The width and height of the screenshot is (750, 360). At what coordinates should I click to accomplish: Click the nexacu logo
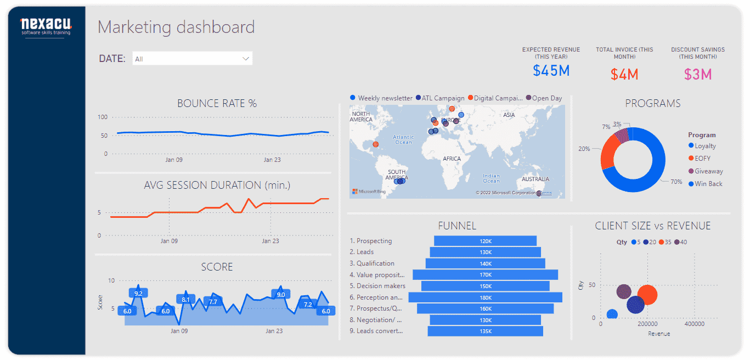[46, 26]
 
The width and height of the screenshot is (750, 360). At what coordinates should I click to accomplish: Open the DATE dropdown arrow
[246, 59]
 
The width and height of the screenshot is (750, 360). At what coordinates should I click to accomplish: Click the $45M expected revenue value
[551, 70]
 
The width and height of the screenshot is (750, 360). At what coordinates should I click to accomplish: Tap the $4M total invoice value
[624, 74]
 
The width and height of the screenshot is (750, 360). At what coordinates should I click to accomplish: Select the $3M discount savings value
[698, 74]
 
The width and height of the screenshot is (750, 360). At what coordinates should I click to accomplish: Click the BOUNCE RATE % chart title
[217, 103]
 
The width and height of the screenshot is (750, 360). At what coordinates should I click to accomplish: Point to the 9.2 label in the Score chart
[138, 294]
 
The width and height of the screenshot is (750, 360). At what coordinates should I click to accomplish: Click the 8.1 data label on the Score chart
[185, 300]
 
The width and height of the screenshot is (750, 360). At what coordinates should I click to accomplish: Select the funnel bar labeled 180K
[485, 297]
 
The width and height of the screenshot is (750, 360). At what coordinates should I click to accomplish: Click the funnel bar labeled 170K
[485, 274]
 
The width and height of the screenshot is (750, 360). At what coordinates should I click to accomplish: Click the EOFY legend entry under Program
[702, 159]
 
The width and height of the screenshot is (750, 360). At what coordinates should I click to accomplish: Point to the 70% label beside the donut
[676, 182]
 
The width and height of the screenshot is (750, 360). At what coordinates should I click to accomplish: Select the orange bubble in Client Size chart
[647, 295]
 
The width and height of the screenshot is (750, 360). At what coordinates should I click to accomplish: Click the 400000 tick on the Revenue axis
[694, 324]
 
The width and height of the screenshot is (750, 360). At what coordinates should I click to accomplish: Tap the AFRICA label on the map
[452, 159]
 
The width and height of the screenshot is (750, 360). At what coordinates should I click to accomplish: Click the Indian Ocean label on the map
[491, 178]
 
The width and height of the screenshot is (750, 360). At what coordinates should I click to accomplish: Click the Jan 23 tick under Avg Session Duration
[270, 241]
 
